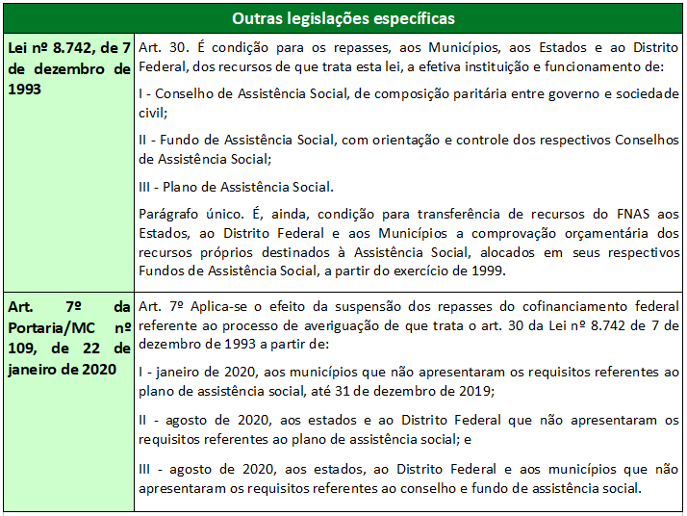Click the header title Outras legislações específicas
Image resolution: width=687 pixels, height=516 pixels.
343,18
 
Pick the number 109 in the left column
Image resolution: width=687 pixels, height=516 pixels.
22,348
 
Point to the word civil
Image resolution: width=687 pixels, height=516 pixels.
152,112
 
